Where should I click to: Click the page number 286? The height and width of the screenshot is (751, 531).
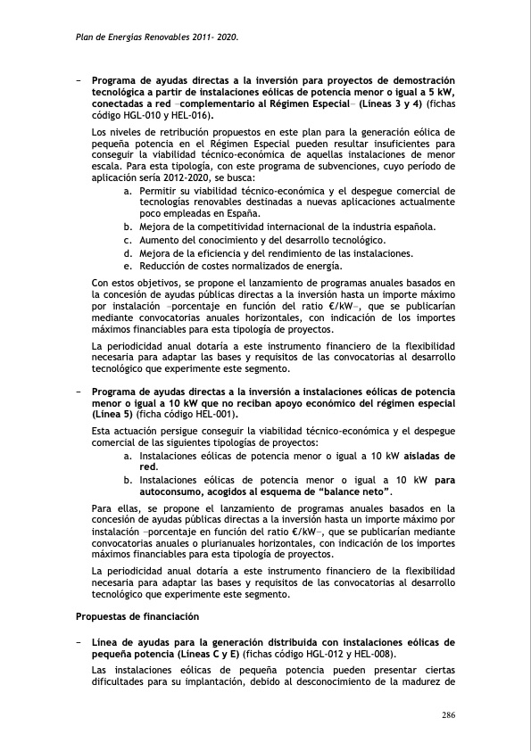(450, 715)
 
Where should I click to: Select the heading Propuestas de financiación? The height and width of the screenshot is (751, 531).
(137, 616)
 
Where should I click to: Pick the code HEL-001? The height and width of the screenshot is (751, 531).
(215, 415)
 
